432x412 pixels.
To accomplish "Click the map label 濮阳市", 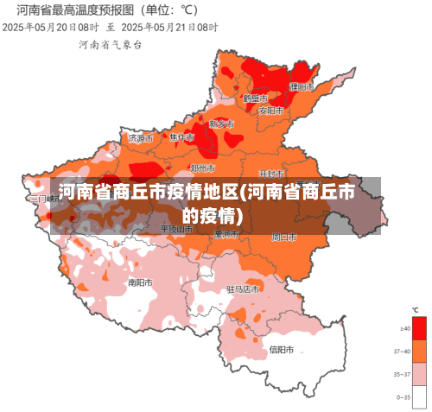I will point(302,86).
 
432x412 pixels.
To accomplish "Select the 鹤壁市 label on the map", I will point(254,98).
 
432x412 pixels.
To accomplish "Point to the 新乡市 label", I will point(221,124).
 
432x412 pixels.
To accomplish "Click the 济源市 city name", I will point(140,137).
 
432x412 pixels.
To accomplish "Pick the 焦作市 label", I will point(181,137).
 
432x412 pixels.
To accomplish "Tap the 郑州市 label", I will point(202,168).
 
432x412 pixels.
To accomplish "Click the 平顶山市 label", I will point(176,229).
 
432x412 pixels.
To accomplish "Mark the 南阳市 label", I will point(140,282).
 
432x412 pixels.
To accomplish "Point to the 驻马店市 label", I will point(243,289).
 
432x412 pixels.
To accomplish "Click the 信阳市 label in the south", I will point(282,350).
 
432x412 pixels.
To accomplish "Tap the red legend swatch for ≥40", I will point(419,328).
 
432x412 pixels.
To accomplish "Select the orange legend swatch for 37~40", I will point(419,351).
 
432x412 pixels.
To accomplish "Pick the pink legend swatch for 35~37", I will point(419,373).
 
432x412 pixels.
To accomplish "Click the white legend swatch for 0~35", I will point(419,396).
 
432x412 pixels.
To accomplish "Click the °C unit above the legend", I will point(415,310).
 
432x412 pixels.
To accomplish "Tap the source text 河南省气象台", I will point(111,43).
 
